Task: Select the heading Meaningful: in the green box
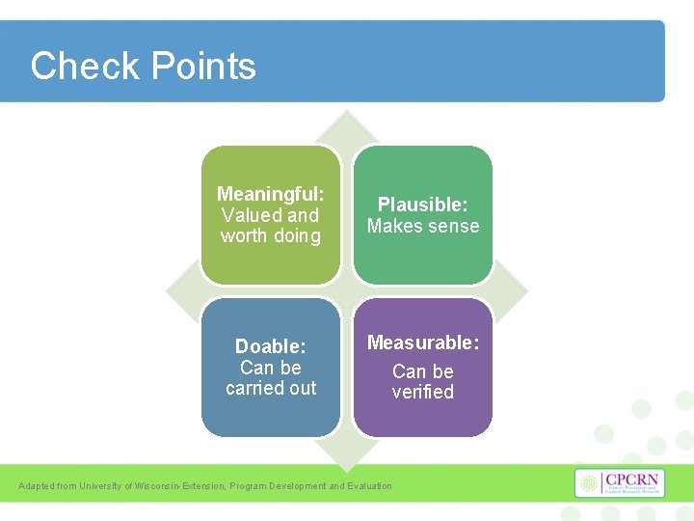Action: pos(270,194)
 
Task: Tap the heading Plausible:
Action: pos(422,205)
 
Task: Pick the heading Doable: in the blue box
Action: pos(270,346)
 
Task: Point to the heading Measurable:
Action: pos(422,343)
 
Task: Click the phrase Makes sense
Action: pos(422,226)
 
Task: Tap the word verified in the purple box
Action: pos(422,392)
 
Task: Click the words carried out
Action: pos(270,388)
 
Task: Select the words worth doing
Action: pos(270,235)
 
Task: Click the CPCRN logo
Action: pos(619,483)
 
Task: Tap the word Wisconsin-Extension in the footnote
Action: pos(179,486)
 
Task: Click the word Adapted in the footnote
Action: pos(36,486)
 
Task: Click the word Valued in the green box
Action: pos(253,215)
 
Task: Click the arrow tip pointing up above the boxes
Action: pos(347,121)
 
